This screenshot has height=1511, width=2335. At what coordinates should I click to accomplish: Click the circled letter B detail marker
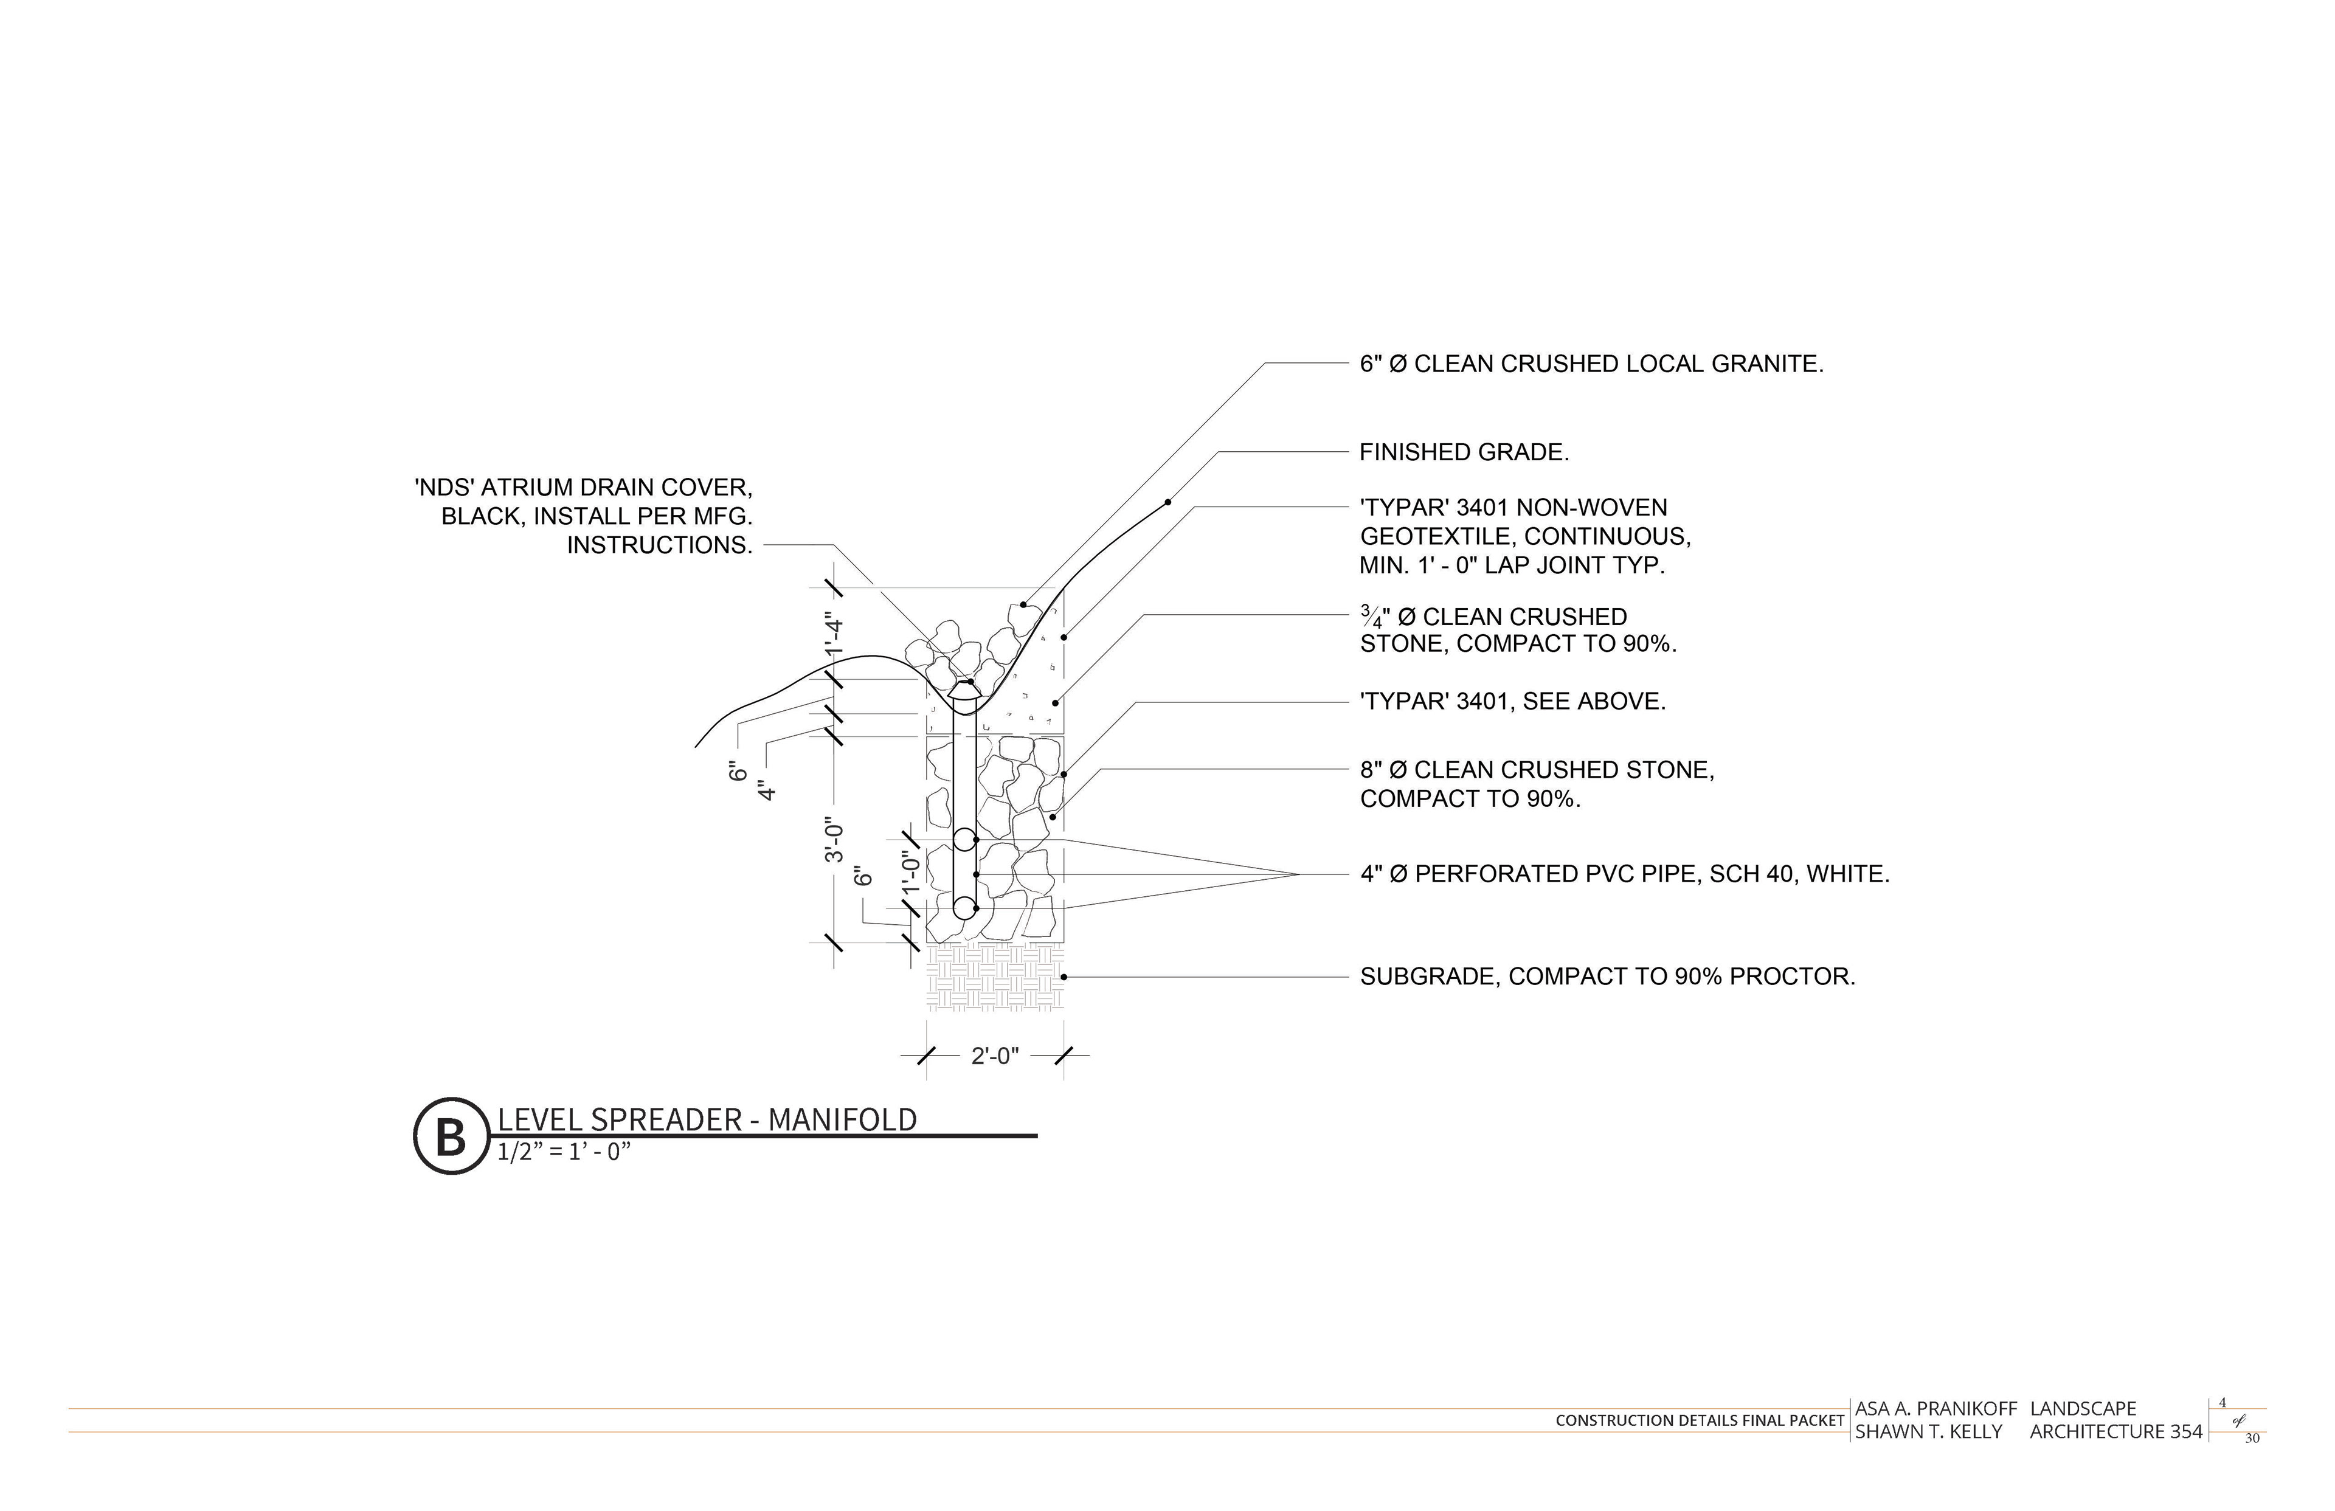451,1136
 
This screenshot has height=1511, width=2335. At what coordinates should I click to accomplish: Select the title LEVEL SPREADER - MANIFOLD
707,1119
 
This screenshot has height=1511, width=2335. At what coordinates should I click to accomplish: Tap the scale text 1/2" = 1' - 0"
563,1152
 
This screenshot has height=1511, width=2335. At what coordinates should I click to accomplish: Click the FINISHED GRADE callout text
1464,452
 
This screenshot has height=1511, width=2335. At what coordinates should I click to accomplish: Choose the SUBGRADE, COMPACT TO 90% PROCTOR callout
1607,977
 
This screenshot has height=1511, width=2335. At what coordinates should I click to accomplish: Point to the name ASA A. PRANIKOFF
1935,1409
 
